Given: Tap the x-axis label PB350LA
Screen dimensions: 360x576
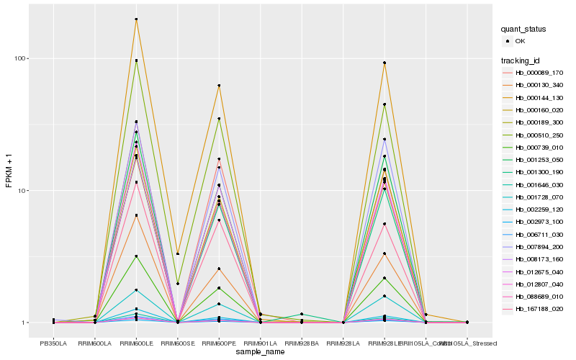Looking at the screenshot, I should pyautogui.click(x=53, y=343).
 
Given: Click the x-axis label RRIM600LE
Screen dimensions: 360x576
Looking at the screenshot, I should pyautogui.click(x=136, y=343).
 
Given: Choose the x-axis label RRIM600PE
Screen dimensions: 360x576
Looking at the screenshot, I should pyautogui.click(x=219, y=343).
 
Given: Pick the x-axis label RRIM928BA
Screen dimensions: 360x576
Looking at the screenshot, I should pyautogui.click(x=302, y=343).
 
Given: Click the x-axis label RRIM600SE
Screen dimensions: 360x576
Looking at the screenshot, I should pyautogui.click(x=178, y=343).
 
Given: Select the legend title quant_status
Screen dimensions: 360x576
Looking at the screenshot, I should pyautogui.click(x=524, y=30).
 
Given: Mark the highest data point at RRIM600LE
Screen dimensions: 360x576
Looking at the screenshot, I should pyautogui.click(x=136, y=19).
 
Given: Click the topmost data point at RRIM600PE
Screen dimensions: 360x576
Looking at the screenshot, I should pyautogui.click(x=219, y=86).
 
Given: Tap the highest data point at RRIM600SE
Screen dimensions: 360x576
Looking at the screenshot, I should pyautogui.click(x=178, y=253).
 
